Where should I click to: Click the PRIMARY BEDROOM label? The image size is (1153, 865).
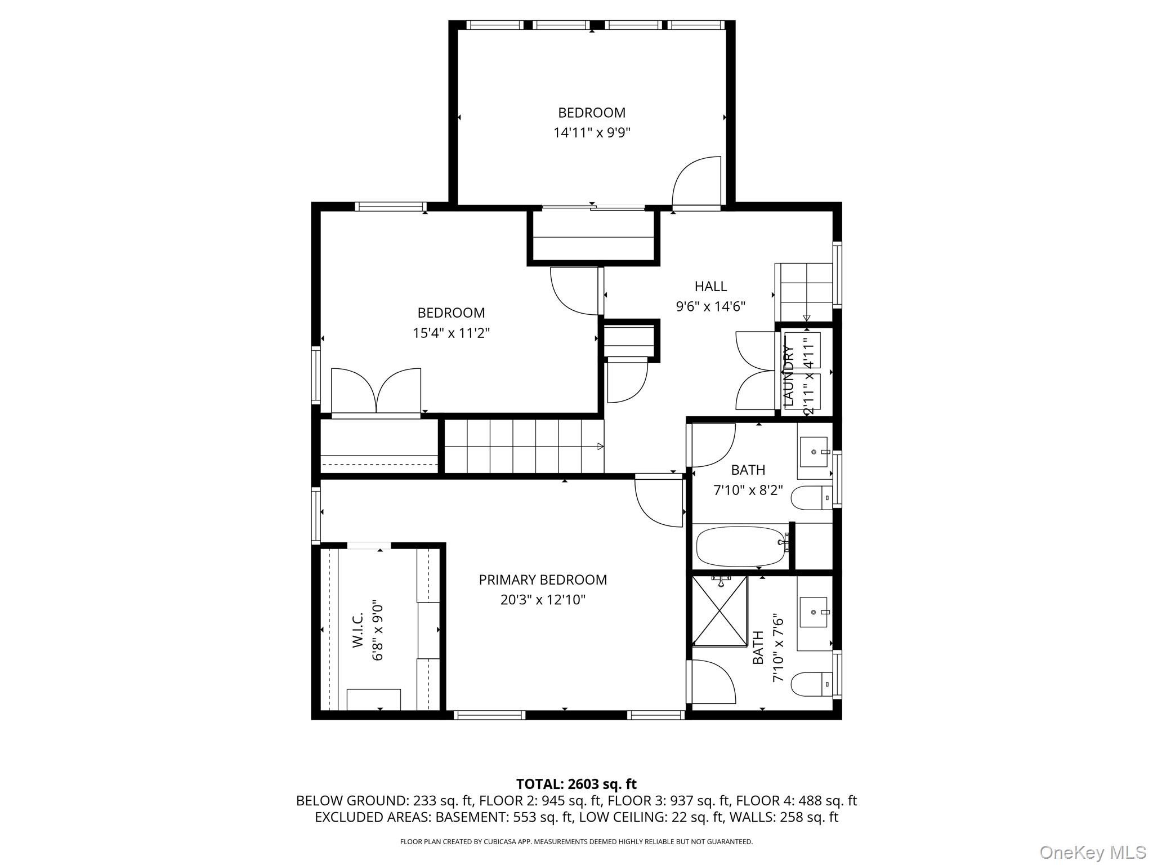(x=543, y=579)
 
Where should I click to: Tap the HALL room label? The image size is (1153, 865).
(x=710, y=286)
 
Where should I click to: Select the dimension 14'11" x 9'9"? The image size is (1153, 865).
(x=592, y=133)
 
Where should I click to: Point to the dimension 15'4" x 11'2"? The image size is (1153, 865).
(x=451, y=333)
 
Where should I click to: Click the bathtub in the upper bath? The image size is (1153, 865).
(x=741, y=546)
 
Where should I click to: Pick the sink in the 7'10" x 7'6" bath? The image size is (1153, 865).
(x=814, y=612)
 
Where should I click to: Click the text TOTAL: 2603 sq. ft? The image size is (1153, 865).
(x=576, y=784)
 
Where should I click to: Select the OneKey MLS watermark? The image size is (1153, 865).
(x=1092, y=852)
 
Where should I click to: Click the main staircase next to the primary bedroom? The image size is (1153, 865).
(x=524, y=446)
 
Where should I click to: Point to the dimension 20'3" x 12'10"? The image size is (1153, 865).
(x=543, y=600)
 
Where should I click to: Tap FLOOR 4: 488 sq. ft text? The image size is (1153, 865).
(x=796, y=800)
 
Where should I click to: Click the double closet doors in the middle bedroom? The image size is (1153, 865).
(x=376, y=392)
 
